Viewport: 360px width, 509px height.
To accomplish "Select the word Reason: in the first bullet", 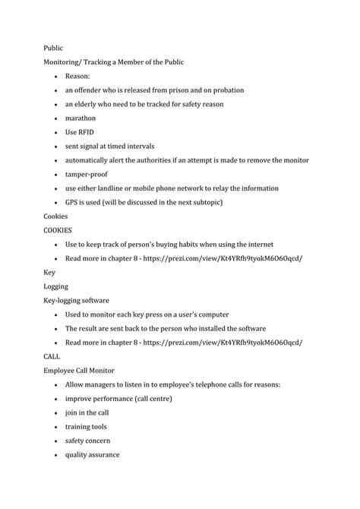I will point(77,76).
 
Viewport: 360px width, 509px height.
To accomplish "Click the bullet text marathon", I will point(81,118).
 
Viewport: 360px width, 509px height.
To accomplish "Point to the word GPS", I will point(72,202).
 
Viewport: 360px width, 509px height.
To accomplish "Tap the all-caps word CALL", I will point(52,356).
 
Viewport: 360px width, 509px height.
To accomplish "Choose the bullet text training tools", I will point(86,427).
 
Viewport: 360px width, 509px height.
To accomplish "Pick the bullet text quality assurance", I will point(92,455).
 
